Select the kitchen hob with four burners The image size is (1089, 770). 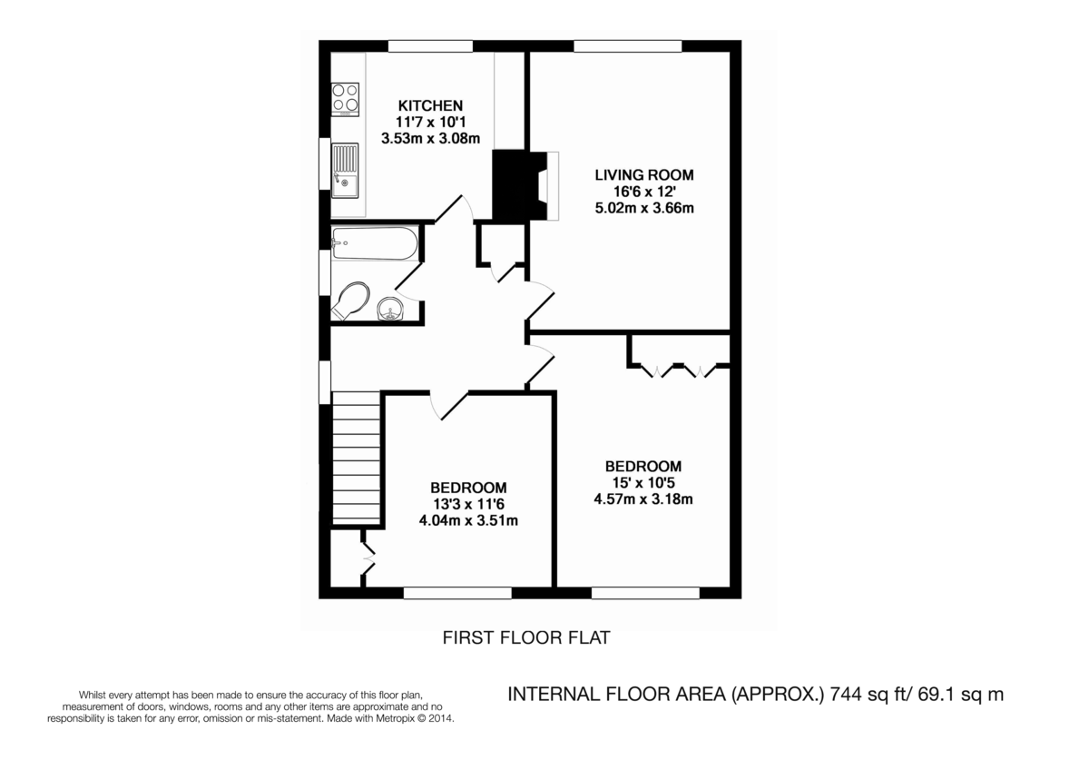[345, 100]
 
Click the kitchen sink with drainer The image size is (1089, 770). [345, 171]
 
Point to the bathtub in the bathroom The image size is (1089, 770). [375, 244]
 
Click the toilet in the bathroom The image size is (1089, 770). [350, 301]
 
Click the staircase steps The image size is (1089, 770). [356, 457]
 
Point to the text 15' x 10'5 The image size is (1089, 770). [643, 482]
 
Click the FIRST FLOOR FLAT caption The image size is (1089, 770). [525, 638]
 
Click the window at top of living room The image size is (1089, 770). [627, 45]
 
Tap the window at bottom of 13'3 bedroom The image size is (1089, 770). [457, 593]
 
